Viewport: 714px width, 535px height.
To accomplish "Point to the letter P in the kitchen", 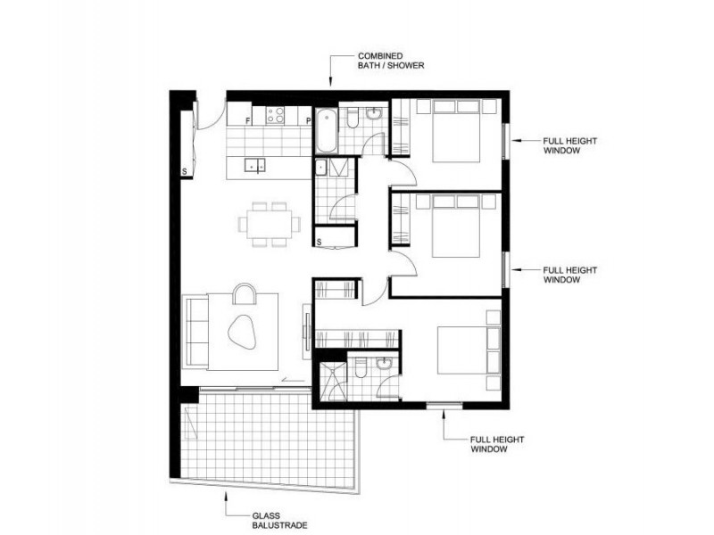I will coord(308,119).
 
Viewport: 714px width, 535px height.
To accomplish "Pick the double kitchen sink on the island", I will coord(255,164).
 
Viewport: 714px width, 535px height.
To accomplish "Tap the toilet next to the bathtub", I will coord(353,119).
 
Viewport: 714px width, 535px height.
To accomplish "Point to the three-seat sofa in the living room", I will coord(196,332).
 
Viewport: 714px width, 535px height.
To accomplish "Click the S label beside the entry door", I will coord(185,169).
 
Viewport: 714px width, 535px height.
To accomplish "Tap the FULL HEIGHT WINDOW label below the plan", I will coord(498,444).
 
